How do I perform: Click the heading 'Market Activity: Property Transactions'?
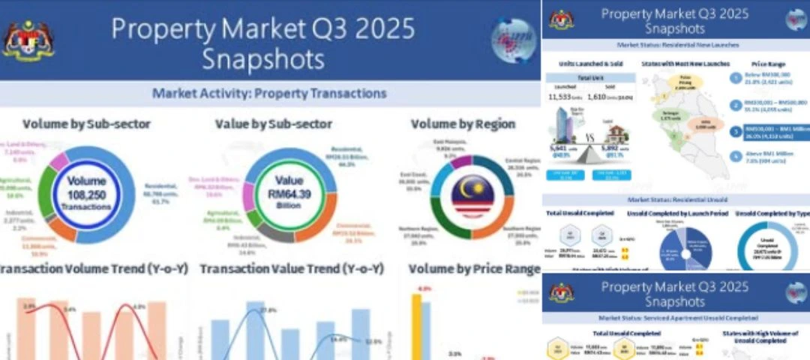(269, 94)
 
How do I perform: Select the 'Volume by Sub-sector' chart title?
(86, 124)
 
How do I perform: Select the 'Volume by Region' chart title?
(463, 124)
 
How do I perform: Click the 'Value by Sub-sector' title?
(273, 124)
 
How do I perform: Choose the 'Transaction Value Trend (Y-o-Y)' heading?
(292, 268)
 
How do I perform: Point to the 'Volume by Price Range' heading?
(475, 268)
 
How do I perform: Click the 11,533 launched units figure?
(561, 97)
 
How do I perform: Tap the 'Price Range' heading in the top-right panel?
(766, 64)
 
